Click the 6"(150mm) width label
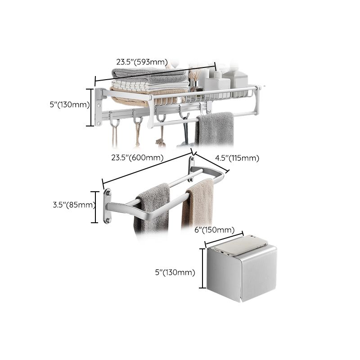tap(214, 230)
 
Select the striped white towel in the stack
tap(148, 85)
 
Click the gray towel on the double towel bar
tap(153, 207)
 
